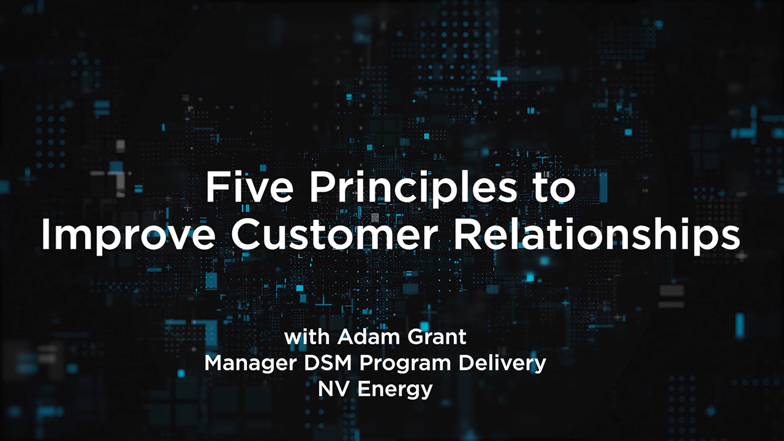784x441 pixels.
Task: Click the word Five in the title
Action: [x=249, y=187]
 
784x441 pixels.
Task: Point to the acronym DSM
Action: [x=328, y=363]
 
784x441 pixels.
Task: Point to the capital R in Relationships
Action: [x=467, y=234]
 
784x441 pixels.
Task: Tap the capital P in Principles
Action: [x=322, y=187]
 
